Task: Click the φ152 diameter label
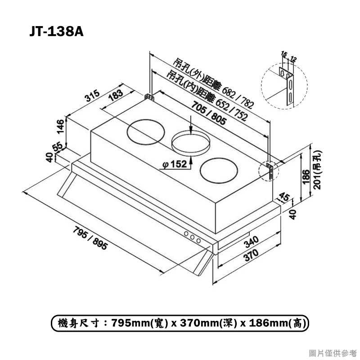click(x=173, y=165)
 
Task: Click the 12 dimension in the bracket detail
click(x=293, y=58)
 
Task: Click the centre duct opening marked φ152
click(x=191, y=142)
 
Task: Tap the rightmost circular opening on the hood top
click(x=218, y=171)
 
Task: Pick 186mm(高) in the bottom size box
click(x=276, y=323)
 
